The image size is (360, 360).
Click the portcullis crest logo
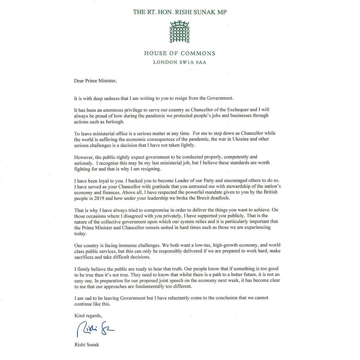click(180, 32)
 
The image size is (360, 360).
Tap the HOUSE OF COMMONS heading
click(180, 53)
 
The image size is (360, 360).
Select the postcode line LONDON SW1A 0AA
click(180, 62)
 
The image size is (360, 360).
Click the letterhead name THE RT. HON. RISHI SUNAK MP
click(180, 12)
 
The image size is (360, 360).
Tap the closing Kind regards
click(88, 316)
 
